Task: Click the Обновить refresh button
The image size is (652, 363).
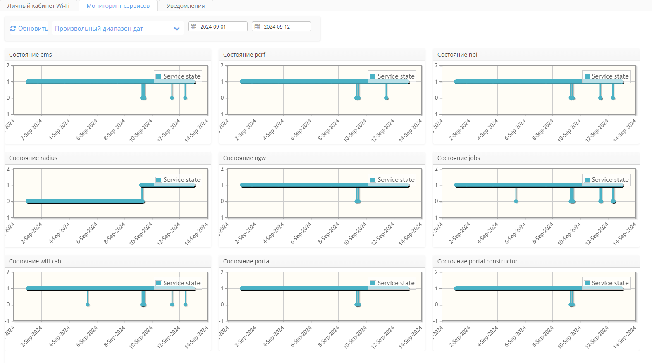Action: (29, 29)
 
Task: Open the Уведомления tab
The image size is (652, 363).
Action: (186, 6)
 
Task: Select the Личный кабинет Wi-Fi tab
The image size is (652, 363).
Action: (38, 6)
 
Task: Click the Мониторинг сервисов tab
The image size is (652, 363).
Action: (118, 6)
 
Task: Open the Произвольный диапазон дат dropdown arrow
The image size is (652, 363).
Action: (177, 29)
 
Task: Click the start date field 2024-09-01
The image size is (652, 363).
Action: (222, 26)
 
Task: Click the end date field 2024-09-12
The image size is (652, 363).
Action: (285, 26)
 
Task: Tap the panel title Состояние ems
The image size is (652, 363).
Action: (31, 55)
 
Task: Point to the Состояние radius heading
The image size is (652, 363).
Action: (33, 158)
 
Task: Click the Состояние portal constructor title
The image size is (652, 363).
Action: (477, 261)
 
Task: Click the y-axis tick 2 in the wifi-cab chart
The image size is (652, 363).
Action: (8, 272)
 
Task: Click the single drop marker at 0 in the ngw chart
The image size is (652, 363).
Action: (358, 201)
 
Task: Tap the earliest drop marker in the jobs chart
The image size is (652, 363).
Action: (516, 201)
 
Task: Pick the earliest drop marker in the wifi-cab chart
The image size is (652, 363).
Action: (88, 305)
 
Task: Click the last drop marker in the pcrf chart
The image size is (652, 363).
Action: (386, 98)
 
